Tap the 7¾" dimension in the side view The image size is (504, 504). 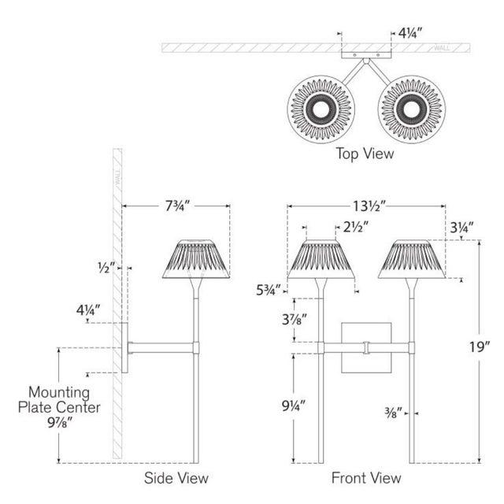click(178, 206)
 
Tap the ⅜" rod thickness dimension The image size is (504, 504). click(392, 411)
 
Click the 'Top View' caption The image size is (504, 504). click(365, 154)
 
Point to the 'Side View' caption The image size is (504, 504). click(176, 478)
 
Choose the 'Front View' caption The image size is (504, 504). click(365, 478)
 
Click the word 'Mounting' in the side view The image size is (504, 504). click(59, 392)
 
